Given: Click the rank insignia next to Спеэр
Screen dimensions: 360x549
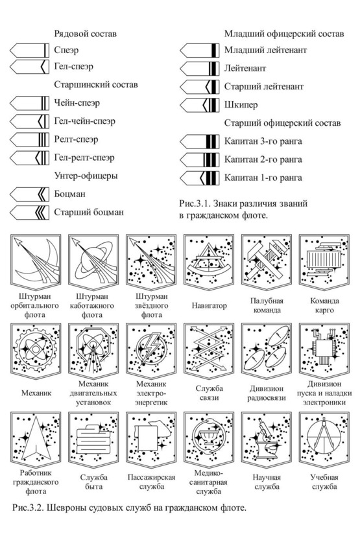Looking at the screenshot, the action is coord(29,51).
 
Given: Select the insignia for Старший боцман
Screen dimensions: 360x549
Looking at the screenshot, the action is coord(29,213).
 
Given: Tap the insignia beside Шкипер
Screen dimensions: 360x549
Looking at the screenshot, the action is coord(200,105).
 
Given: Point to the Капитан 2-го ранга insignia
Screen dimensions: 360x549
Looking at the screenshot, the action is coord(200,159).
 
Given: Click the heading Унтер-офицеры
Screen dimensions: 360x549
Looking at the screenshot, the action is coord(86,176).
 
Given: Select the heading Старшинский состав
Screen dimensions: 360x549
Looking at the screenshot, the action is coord(96,85).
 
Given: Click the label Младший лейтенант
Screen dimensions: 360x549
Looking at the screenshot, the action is coord(265,51).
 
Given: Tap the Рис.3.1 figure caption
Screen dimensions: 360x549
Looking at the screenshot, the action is coord(243,209).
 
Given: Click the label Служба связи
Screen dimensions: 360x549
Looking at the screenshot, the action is coord(210,393).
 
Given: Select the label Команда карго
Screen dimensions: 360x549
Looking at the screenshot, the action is coord(324,305).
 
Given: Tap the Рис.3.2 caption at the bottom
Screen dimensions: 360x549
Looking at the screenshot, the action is coord(129,508).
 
